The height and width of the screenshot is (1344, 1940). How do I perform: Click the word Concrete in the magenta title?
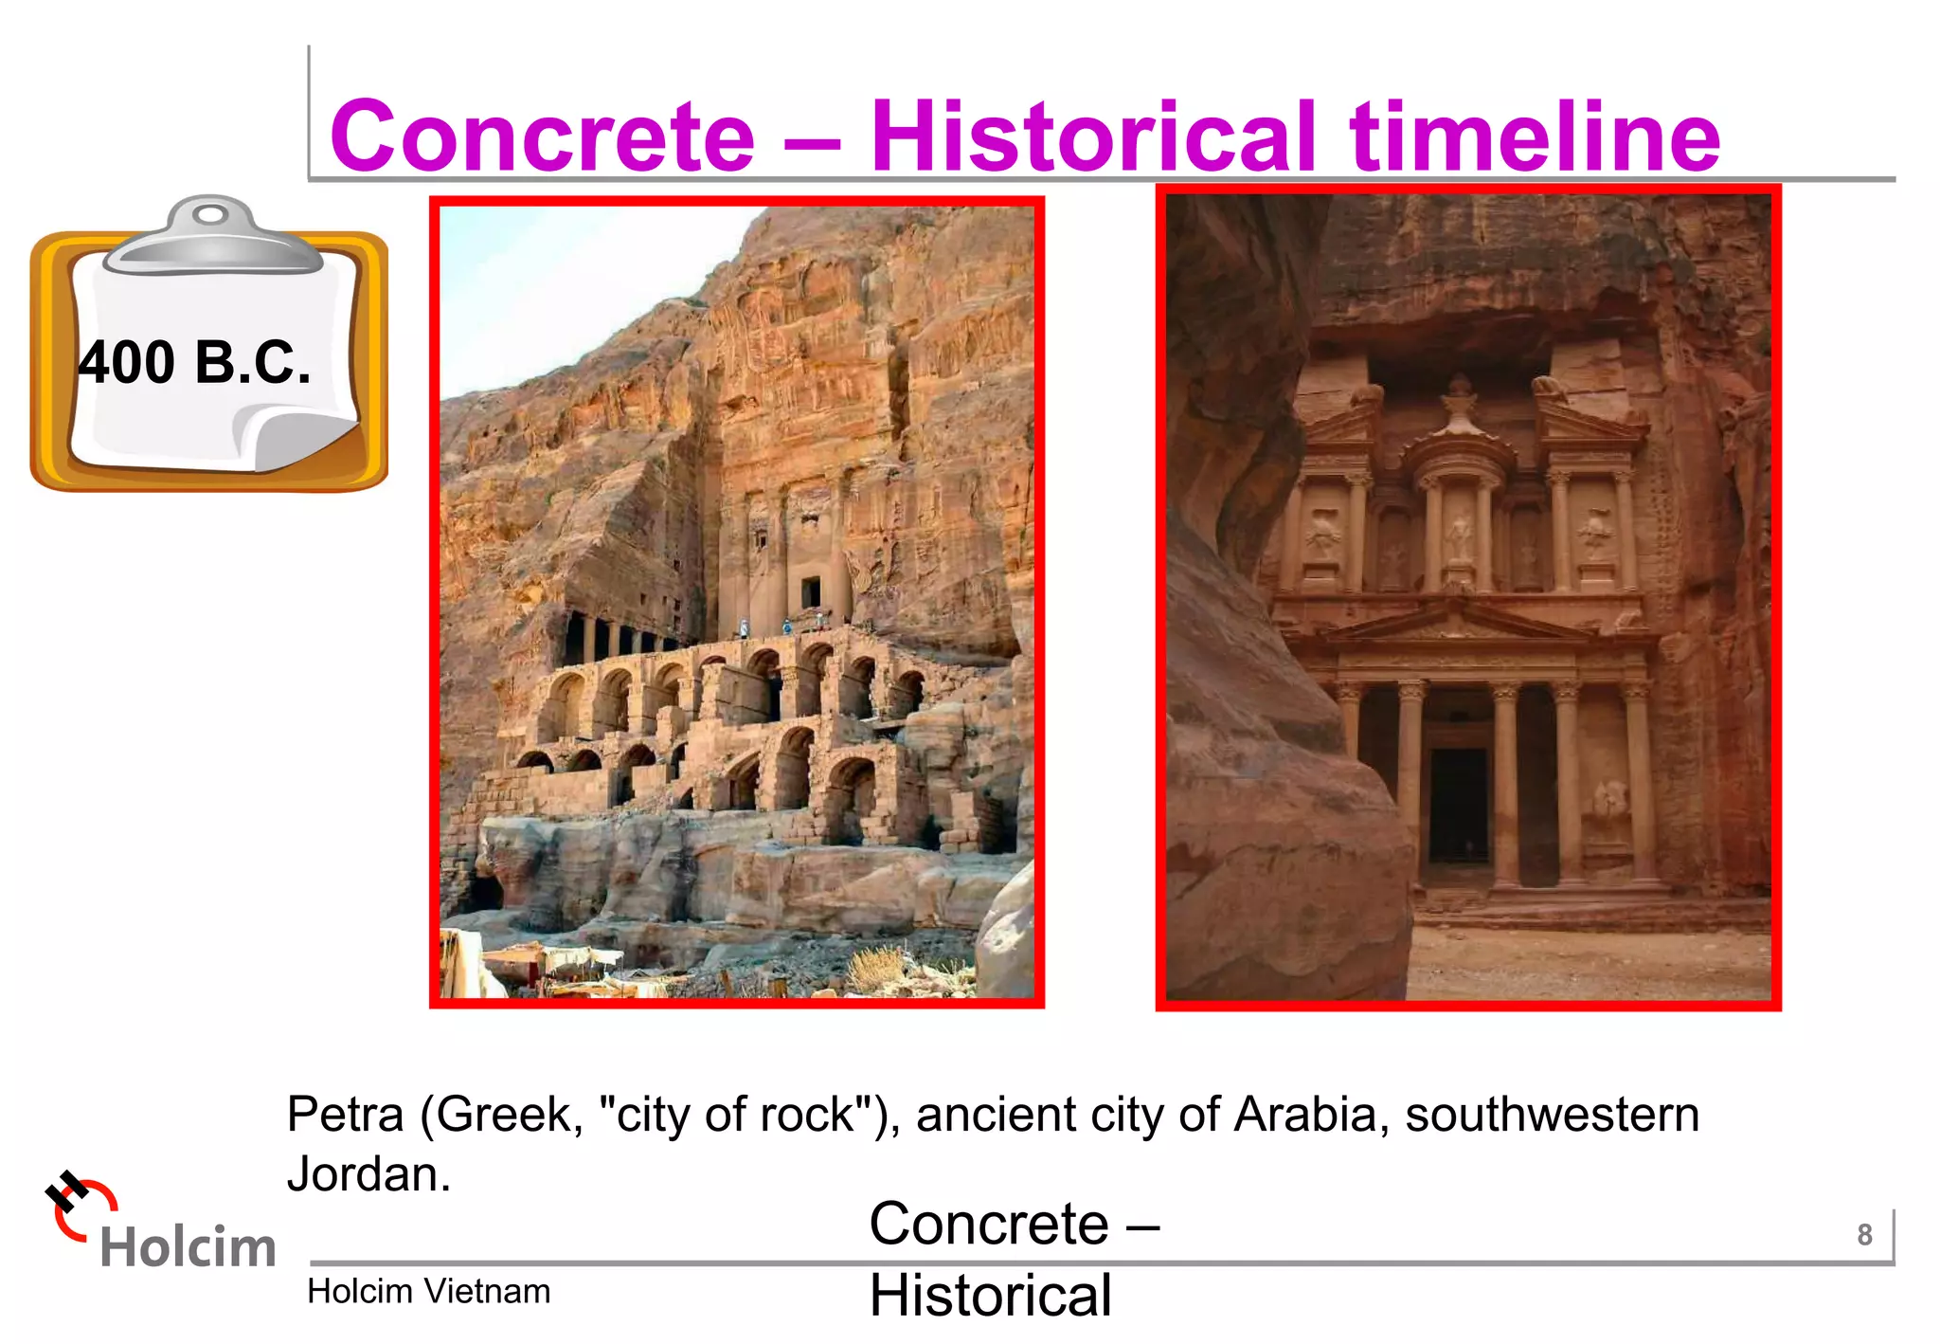542,137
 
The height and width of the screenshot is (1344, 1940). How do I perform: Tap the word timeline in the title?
1535,137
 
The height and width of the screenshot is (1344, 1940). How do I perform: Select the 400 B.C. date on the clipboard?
194,363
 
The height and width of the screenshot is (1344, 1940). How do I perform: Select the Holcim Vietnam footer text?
428,1292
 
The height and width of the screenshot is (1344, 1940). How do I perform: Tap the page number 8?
1864,1235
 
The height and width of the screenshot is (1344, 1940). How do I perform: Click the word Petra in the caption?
346,1115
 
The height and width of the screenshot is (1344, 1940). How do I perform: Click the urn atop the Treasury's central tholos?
1460,398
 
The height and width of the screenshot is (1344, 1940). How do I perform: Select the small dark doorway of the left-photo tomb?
811,592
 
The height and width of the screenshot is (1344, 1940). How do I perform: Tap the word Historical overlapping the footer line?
990,1296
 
